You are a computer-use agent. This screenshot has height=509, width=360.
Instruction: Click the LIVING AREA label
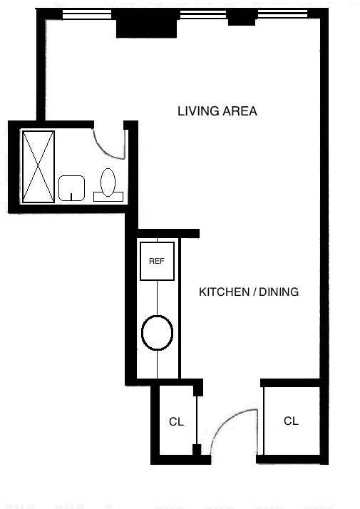pyautogui.click(x=217, y=111)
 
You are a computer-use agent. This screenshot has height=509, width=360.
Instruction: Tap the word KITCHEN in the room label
pyautogui.click(x=221, y=292)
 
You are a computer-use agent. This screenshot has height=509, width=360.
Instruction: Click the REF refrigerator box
pyautogui.click(x=157, y=261)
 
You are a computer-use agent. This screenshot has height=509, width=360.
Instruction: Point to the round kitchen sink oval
pyautogui.click(x=157, y=332)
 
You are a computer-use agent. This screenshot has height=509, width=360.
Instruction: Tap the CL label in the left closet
pyautogui.click(x=176, y=422)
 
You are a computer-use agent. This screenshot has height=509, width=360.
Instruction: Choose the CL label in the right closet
pyautogui.click(x=291, y=421)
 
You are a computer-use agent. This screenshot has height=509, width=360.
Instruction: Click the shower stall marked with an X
pyautogui.click(x=38, y=167)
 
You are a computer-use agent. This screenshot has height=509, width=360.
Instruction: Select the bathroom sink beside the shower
pyautogui.click(x=71, y=187)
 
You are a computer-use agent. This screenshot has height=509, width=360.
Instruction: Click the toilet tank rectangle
pyautogui.click(x=109, y=196)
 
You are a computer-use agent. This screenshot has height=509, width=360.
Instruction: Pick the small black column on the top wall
pyautogui.click(x=241, y=19)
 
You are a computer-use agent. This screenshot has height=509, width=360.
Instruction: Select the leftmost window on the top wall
pyautogui.click(x=86, y=14)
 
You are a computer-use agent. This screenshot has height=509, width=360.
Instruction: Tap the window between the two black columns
pyautogui.click(x=203, y=14)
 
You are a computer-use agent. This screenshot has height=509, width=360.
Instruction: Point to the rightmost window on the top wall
pyautogui.click(x=281, y=14)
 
